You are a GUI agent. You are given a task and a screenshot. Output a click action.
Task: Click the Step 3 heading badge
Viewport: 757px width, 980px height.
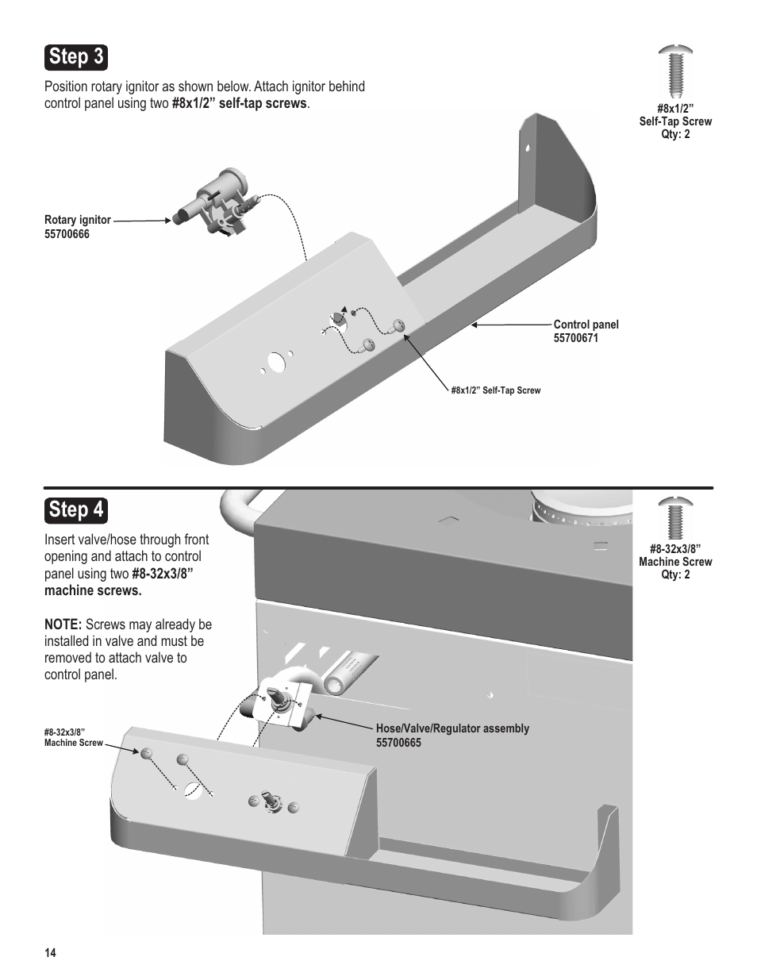(x=75, y=57)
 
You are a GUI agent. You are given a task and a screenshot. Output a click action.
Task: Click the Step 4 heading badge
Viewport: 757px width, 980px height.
(x=75, y=509)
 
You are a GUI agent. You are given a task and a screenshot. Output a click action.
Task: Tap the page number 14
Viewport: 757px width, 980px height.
(x=51, y=953)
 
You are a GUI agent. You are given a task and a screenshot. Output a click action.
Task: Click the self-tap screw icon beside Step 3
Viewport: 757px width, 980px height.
(x=675, y=71)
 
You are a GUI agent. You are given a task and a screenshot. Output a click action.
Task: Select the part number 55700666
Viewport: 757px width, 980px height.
(x=67, y=234)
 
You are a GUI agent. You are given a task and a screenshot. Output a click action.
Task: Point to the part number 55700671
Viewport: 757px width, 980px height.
(x=575, y=338)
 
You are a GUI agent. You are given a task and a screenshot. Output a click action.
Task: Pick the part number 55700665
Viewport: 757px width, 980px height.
(x=398, y=743)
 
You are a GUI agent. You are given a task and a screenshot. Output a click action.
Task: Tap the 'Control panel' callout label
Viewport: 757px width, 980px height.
(x=586, y=325)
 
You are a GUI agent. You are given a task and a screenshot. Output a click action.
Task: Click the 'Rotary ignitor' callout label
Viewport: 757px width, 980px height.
(x=78, y=220)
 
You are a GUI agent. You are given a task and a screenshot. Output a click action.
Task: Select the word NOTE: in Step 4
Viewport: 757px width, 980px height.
(x=63, y=625)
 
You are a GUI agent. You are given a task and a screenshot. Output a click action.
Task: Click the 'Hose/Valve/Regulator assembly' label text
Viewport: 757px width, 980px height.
(x=452, y=728)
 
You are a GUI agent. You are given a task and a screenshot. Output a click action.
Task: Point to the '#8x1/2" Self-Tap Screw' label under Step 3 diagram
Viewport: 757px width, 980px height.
(x=495, y=390)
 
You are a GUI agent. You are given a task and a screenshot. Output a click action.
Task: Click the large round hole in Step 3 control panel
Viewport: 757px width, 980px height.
(x=275, y=362)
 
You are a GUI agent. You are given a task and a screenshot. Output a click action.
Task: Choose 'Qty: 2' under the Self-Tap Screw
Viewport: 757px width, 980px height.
(x=675, y=134)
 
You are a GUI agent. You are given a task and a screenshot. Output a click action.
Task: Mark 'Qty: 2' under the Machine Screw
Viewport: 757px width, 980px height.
(x=675, y=575)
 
